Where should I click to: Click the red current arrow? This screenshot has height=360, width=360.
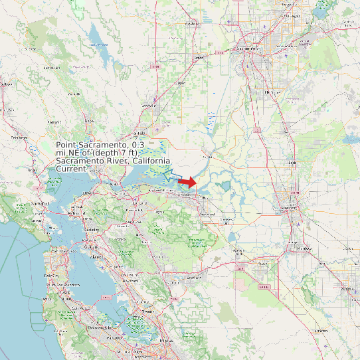coord(188,182)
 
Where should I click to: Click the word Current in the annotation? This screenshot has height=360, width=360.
coord(71,169)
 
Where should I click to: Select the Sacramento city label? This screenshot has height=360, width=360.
coord(247,49)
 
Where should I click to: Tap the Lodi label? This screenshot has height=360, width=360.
coord(290,161)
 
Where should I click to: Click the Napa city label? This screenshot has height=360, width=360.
coord(89,122)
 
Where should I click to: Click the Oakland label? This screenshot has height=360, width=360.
coord(94,245)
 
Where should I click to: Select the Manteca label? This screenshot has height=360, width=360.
coord(304,248)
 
